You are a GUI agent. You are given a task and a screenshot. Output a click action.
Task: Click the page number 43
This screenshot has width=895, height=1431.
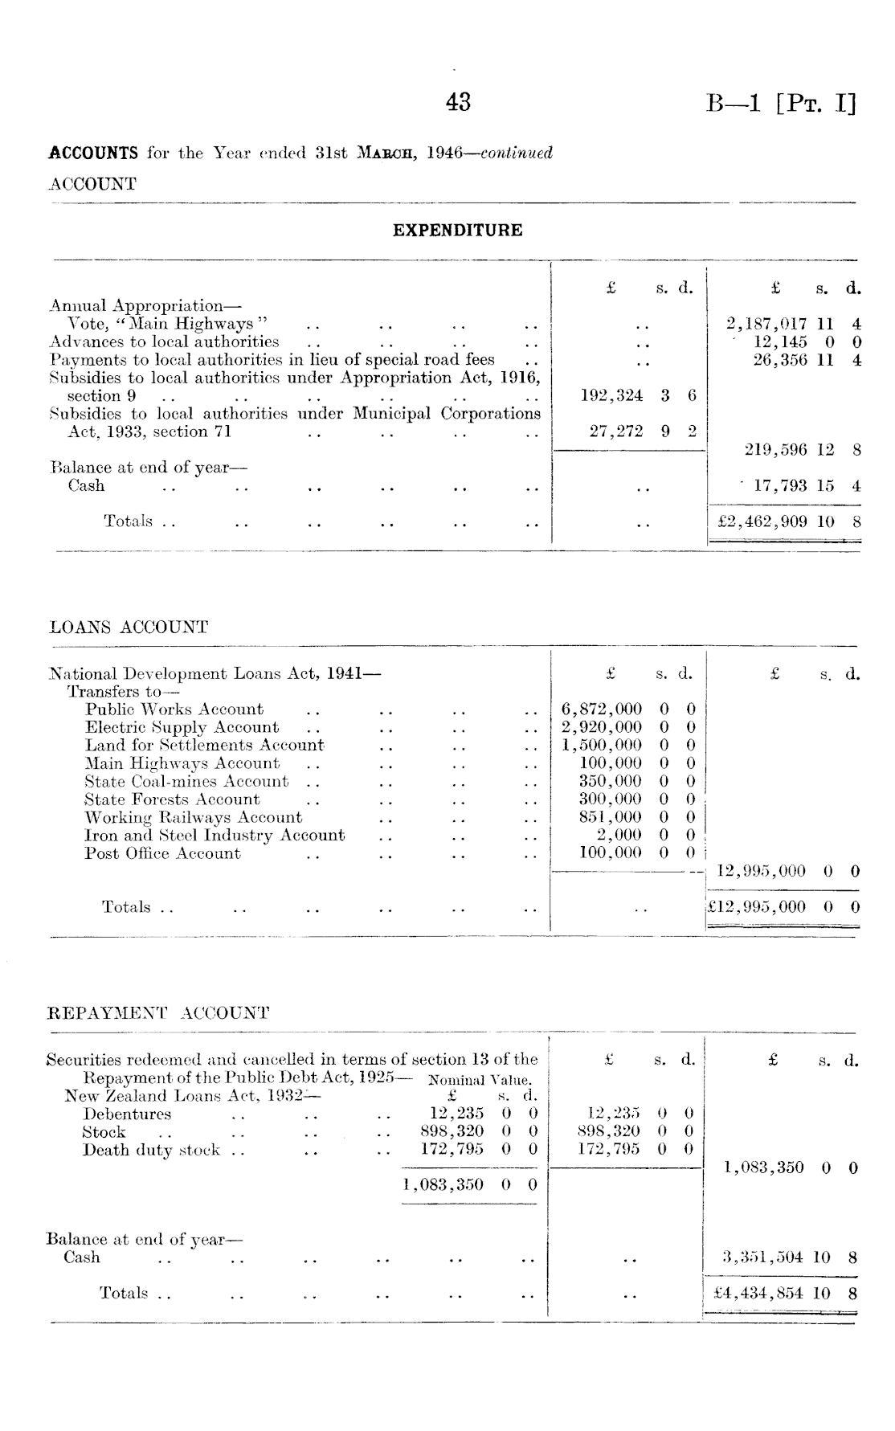[x=458, y=102]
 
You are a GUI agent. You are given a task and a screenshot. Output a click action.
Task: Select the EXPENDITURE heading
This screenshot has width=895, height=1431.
[x=457, y=231]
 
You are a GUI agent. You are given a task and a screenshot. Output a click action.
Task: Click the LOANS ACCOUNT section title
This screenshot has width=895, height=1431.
[x=129, y=628]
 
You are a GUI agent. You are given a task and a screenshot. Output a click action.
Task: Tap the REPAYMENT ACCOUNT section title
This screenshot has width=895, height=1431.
[x=157, y=1012]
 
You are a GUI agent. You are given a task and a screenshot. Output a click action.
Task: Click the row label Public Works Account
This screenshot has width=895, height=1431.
[x=174, y=709]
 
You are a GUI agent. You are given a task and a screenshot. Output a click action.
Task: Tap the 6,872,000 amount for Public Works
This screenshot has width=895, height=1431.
[x=627, y=709]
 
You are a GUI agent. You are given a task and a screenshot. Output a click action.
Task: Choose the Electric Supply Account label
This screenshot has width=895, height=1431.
[x=182, y=727]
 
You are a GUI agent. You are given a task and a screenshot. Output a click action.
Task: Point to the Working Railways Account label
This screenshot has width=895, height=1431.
[x=194, y=817]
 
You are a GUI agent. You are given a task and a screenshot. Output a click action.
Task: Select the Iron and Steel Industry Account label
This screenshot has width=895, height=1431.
[x=215, y=836]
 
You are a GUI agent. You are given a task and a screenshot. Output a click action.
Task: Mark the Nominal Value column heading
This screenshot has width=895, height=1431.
[x=480, y=1080]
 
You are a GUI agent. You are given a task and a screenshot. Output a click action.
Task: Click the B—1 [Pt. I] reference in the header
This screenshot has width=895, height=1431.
[x=781, y=104]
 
